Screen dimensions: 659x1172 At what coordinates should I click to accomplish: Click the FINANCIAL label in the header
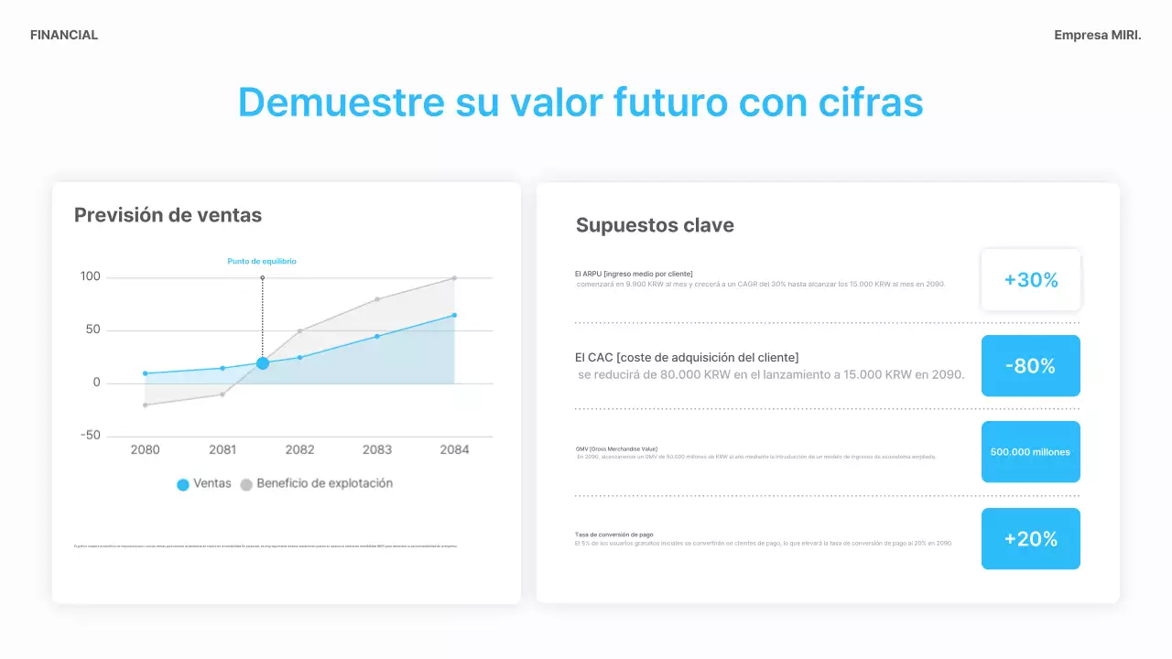coord(64,35)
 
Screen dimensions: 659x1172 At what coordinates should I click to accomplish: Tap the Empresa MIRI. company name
coord(1097,35)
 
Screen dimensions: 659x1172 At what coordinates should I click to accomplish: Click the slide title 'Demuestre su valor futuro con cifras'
coord(581,102)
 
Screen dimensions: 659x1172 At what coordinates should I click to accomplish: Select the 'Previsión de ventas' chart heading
coord(168,215)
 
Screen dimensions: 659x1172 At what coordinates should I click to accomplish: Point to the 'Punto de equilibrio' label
coord(262,261)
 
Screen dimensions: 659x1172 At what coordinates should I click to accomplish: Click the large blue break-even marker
coord(263,363)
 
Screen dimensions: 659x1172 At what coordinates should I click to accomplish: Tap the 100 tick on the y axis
coord(91,276)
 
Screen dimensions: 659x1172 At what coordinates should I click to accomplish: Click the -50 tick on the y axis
coord(89,436)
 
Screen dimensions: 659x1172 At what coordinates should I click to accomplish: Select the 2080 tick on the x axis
coord(145,449)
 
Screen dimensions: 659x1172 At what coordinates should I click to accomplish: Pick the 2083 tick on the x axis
coord(377,449)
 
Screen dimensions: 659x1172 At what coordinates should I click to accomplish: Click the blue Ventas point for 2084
coord(454,316)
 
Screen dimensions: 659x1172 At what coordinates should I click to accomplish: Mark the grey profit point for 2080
coord(145,405)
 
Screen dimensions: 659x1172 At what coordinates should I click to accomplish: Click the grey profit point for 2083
coord(377,299)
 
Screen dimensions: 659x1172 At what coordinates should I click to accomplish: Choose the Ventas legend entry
coord(204,484)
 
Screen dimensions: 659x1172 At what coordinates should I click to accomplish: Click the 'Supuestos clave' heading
coord(655,225)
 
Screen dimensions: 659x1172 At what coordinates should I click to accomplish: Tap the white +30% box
coord(1031,280)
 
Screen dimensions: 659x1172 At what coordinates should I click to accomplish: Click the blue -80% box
coord(1031,366)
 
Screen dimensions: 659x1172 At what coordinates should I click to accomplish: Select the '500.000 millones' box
coord(1031,452)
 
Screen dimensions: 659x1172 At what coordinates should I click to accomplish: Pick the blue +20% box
coord(1031,539)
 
